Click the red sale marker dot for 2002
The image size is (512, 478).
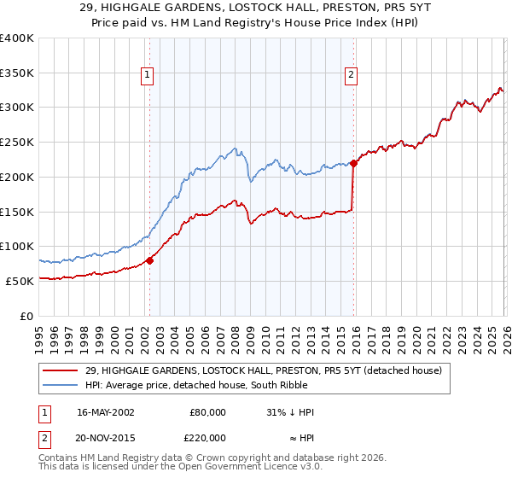pos(149,260)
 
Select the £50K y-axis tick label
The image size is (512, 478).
pos(20,281)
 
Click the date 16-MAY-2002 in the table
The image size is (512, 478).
pos(105,412)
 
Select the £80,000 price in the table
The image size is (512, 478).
pos(207,412)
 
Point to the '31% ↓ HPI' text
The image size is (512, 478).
pos(290,412)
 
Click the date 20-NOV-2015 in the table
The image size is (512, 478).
pos(106,436)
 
